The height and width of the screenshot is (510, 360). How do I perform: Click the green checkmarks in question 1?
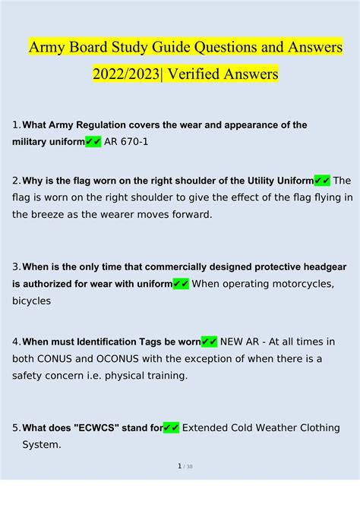click(93, 142)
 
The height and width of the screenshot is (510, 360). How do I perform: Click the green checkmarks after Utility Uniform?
click(322, 181)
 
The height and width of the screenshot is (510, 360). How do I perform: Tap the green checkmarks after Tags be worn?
click(210, 342)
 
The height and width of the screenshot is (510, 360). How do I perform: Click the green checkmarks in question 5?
click(171, 428)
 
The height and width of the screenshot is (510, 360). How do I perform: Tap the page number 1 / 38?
click(185, 487)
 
